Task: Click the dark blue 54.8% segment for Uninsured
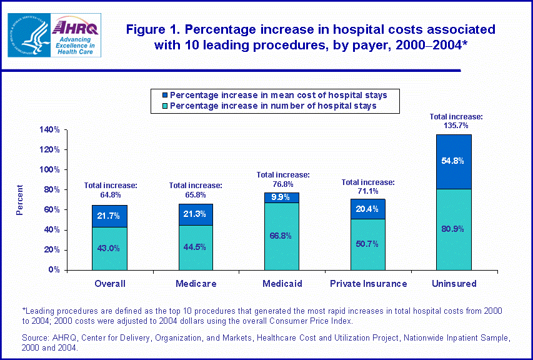pos(454,161)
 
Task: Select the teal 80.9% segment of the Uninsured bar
pos(454,229)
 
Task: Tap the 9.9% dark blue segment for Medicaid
pos(281,197)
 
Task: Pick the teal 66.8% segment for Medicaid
pos(281,236)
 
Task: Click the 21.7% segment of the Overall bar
pos(109,216)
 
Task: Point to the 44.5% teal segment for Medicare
pos(195,247)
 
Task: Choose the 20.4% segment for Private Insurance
pos(367,209)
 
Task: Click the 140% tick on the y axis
pos(49,130)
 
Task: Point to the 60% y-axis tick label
pos(51,210)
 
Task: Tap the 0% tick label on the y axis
pos(54,270)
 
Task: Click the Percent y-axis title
pos(20,200)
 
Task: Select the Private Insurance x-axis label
pos(367,284)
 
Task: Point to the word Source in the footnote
pos(35,337)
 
